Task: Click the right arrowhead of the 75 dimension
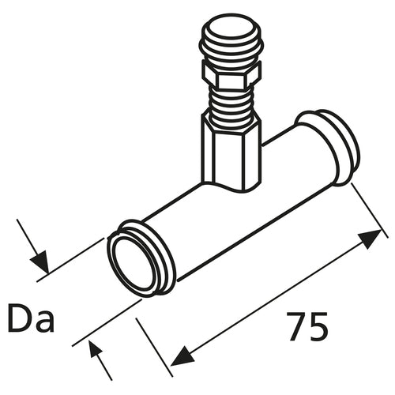(371, 239)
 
